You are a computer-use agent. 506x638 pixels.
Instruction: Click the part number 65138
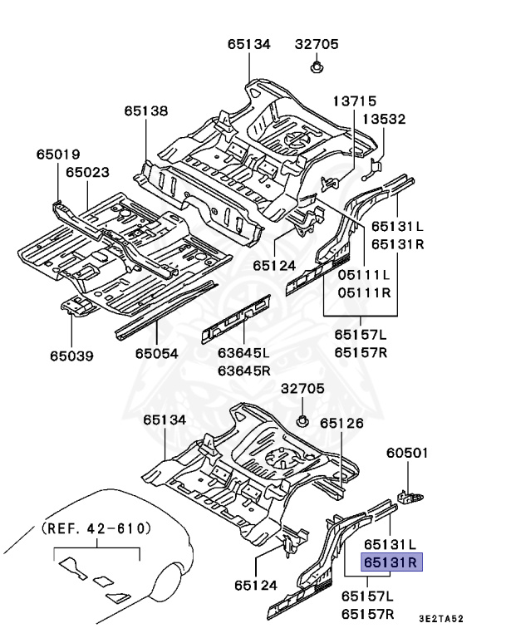(146, 110)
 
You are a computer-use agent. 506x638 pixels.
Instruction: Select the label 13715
(355, 100)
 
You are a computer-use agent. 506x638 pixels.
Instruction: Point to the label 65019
(57, 154)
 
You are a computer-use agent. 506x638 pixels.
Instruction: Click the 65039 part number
(71, 356)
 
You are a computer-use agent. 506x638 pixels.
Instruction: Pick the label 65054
(156, 354)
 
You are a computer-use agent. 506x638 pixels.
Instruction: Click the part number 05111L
(363, 274)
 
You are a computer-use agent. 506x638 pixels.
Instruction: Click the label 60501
(407, 453)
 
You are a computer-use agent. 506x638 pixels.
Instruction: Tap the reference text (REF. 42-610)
(96, 528)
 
